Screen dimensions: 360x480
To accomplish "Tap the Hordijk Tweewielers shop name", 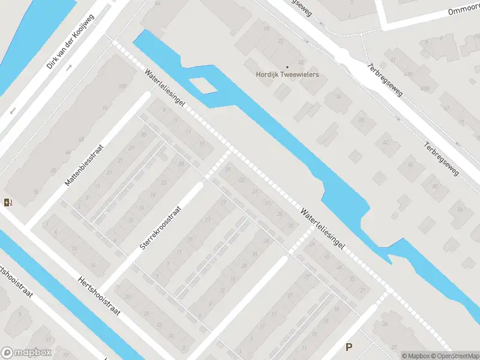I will point(287,75).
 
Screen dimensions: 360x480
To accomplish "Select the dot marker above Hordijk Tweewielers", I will point(287,67).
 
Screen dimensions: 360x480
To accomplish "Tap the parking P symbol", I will point(349,347).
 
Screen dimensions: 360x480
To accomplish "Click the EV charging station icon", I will point(7,202).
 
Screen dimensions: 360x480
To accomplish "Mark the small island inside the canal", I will point(205,86).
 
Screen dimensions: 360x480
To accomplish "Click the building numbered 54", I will point(461,209).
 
